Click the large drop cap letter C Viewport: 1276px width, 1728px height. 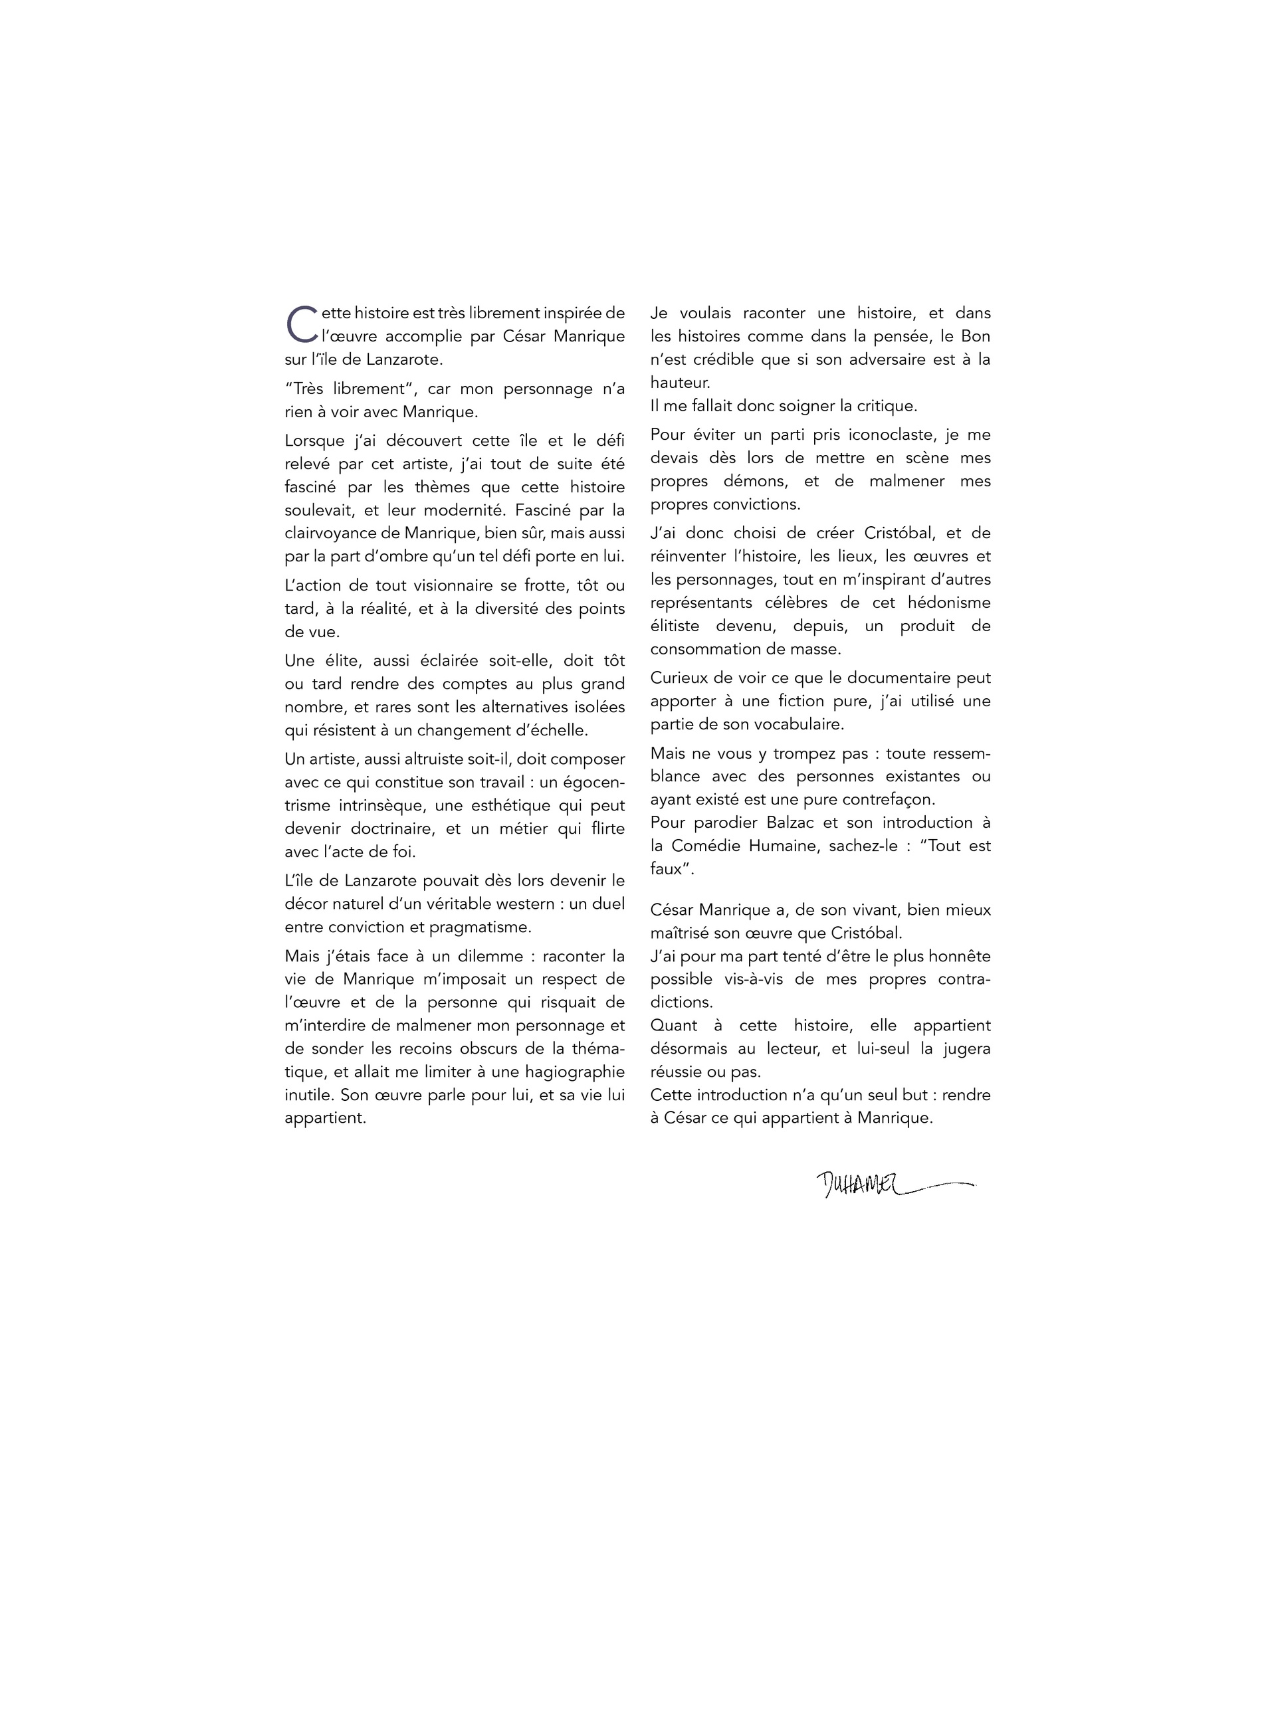tap(300, 325)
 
